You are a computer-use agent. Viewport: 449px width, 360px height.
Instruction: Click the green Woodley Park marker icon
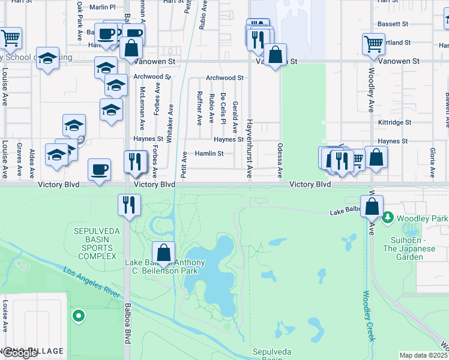click(388, 217)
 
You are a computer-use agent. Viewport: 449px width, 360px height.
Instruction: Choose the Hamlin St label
click(209, 154)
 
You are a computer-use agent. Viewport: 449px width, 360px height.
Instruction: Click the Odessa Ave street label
click(280, 160)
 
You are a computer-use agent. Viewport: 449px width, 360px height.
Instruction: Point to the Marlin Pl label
click(103, 7)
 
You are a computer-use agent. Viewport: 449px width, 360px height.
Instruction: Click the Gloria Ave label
click(432, 161)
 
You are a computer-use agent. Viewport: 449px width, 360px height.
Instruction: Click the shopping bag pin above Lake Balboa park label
click(163, 253)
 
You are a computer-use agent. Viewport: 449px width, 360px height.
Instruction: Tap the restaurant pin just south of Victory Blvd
click(128, 205)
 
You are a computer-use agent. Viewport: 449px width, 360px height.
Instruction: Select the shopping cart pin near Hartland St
click(373, 44)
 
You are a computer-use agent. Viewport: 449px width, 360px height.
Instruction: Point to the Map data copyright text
click(423, 355)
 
